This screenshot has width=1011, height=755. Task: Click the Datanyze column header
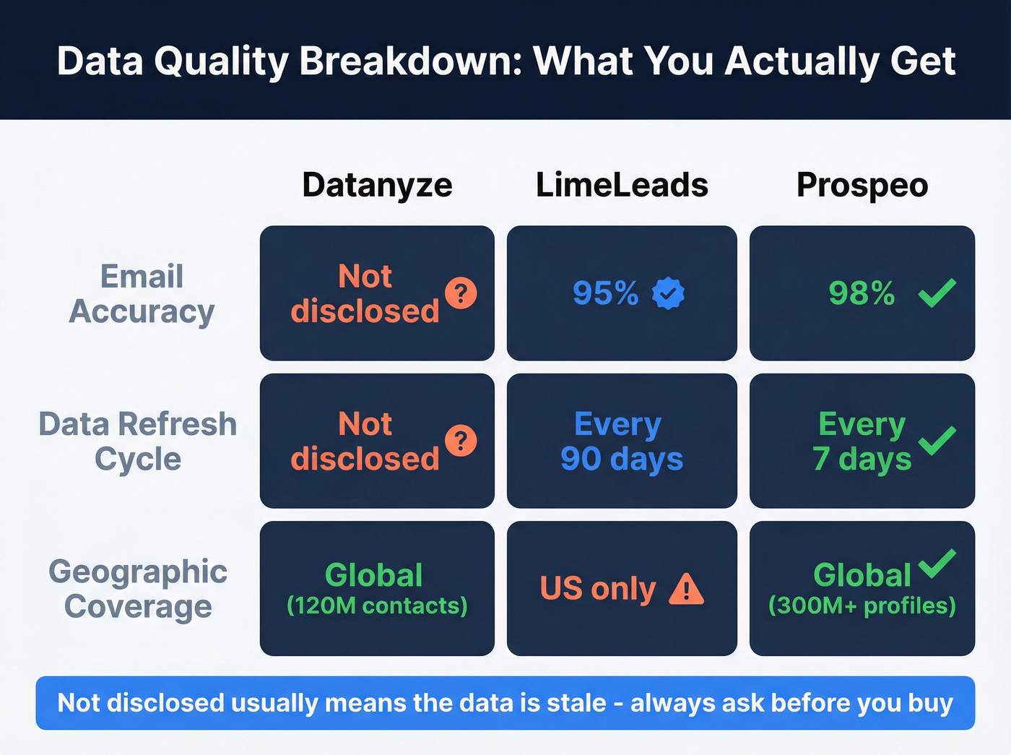click(x=377, y=185)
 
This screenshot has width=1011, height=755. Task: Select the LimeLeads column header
click(x=622, y=185)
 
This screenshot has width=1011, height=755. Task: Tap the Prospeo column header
click(x=862, y=185)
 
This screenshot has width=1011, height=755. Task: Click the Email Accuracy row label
click(x=142, y=294)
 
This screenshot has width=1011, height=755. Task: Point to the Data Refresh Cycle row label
click(x=138, y=441)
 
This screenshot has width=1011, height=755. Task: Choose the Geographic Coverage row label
click(x=138, y=589)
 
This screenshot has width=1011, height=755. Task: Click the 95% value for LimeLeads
click(x=605, y=293)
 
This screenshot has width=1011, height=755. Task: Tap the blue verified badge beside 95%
click(x=668, y=293)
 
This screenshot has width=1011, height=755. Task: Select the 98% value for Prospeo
click(x=862, y=293)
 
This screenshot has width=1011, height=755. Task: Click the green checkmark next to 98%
click(x=937, y=293)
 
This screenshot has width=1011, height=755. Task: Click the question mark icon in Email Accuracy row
click(x=461, y=293)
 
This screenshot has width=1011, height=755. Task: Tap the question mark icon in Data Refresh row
click(x=461, y=441)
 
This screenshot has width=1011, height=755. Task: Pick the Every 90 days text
click(x=621, y=441)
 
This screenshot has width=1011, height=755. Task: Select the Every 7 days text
click(x=862, y=441)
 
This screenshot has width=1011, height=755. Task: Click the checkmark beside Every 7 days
click(x=937, y=440)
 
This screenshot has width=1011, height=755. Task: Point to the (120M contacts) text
click(x=377, y=605)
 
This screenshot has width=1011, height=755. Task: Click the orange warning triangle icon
click(x=685, y=589)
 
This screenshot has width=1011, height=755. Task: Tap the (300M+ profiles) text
click(x=862, y=605)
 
